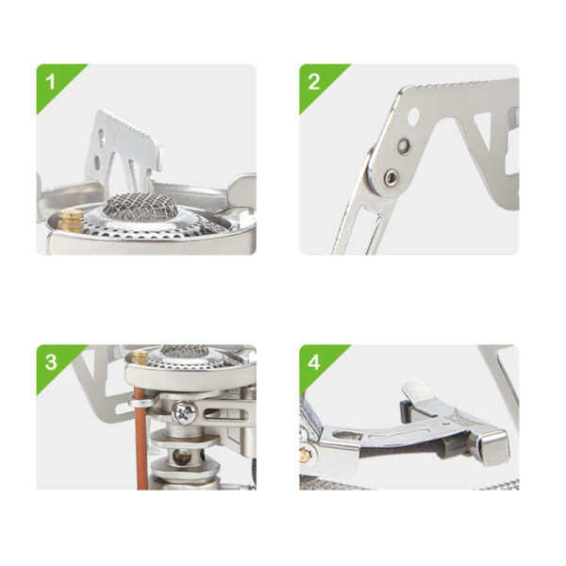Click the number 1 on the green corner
coord(51,82)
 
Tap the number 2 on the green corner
coord(314,82)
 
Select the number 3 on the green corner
coord(51,362)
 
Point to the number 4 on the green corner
coord(314,362)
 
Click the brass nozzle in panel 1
coord(71,221)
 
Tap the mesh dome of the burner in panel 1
coord(141,206)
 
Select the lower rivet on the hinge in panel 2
coord(391,177)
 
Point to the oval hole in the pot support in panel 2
coord(414,115)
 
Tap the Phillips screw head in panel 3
coord(185,413)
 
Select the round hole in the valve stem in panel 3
coord(181,458)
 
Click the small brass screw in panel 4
coord(305,457)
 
